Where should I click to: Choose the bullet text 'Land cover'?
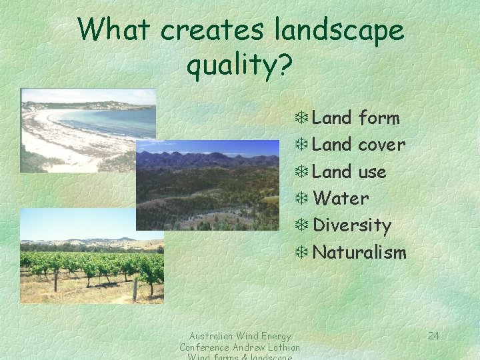[x=359, y=145]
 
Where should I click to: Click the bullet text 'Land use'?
[x=349, y=172]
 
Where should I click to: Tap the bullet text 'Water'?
[x=341, y=199]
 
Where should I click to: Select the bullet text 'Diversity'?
[x=352, y=225]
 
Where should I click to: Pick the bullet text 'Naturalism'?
[x=359, y=252]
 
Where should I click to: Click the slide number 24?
[x=433, y=335]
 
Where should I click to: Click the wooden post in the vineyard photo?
[x=135, y=289]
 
